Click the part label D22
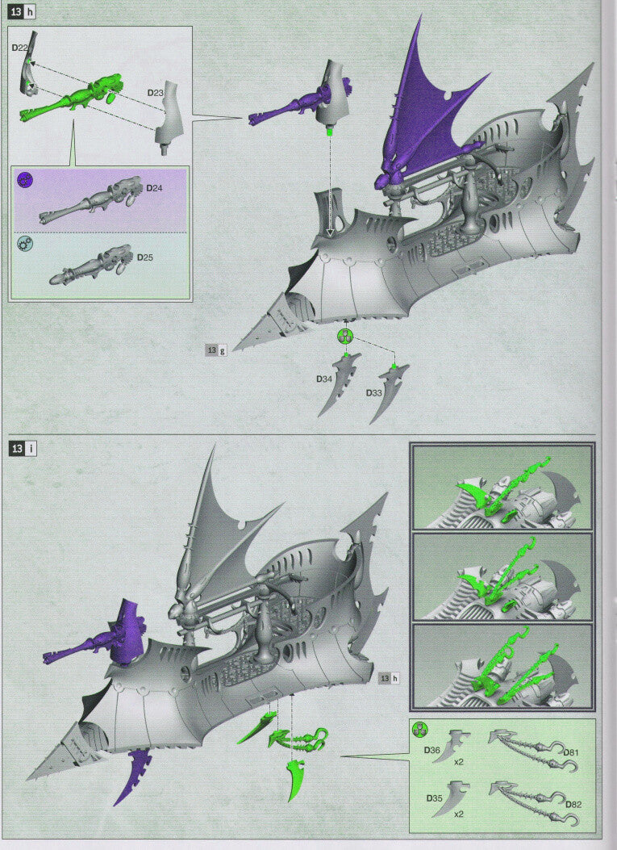click(x=21, y=48)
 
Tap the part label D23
click(x=156, y=93)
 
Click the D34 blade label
click(x=325, y=378)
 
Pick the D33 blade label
click(x=373, y=392)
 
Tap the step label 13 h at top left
click(x=22, y=12)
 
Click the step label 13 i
click(x=22, y=448)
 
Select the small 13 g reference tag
click(x=216, y=350)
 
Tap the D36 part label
click(x=433, y=750)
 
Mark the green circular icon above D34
click(x=345, y=336)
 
